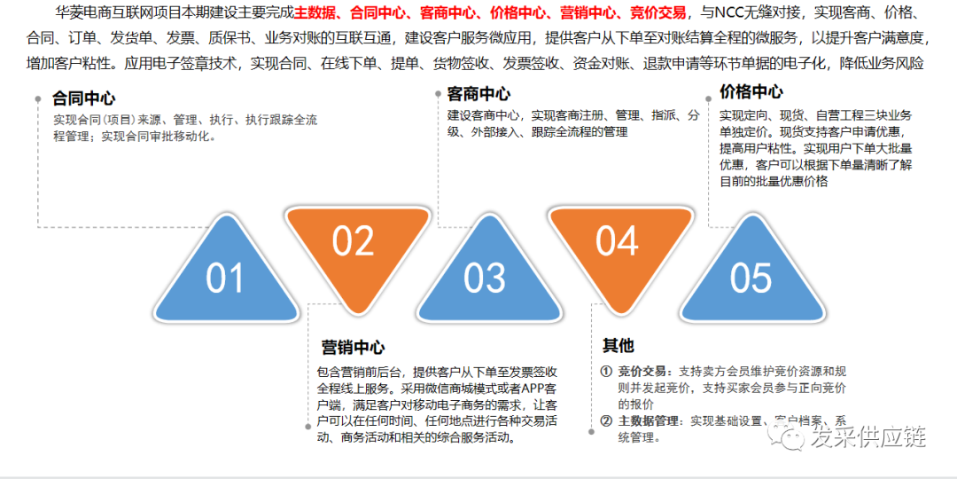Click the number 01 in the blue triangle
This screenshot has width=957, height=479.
pyautogui.click(x=224, y=279)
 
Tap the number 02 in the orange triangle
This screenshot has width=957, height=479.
pyautogui.click(x=353, y=241)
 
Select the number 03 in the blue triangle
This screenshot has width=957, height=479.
pyautogui.click(x=485, y=279)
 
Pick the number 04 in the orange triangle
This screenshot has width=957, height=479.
pyautogui.click(x=617, y=241)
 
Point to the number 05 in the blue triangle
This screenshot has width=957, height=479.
pyautogui.click(x=751, y=279)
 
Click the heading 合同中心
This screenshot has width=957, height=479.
pyautogui.click(x=84, y=98)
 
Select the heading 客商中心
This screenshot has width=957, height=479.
pyautogui.click(x=478, y=94)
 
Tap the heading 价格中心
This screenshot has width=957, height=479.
pyautogui.click(x=751, y=92)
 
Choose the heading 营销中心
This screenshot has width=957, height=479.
pyautogui.click(x=353, y=348)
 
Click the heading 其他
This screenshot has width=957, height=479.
pyautogui.click(x=619, y=345)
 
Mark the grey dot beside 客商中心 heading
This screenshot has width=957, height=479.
pyautogui.click(x=437, y=93)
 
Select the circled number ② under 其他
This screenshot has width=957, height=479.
pyautogui.click(x=606, y=420)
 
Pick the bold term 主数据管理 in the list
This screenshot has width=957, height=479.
pyautogui.click(x=650, y=420)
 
